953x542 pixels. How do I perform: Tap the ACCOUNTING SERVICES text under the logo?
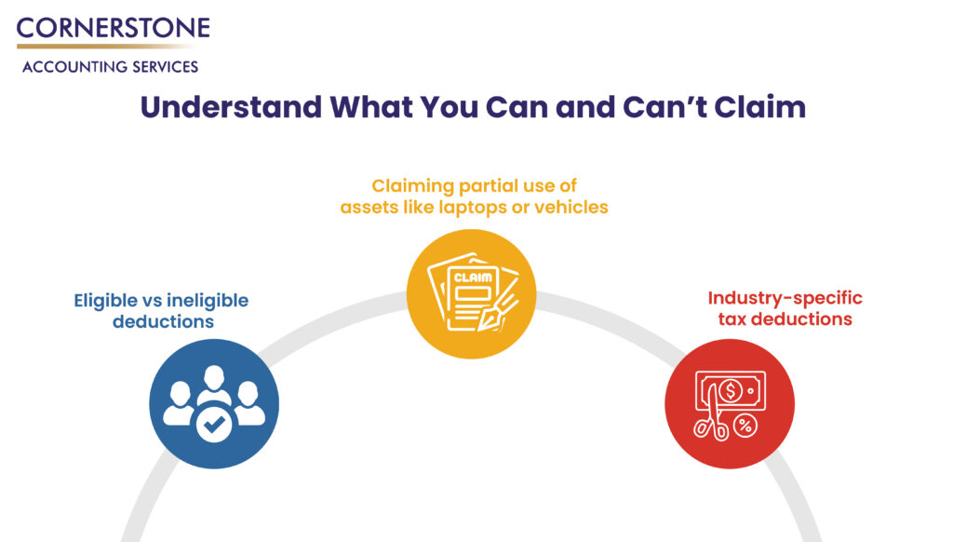110,67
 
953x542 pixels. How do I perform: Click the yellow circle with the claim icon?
472,294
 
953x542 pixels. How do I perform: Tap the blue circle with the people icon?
214,403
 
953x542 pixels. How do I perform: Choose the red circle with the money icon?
729,402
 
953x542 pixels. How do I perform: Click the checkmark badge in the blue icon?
214,426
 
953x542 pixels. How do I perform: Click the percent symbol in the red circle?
745,426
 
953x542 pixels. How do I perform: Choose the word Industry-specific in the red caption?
785,298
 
